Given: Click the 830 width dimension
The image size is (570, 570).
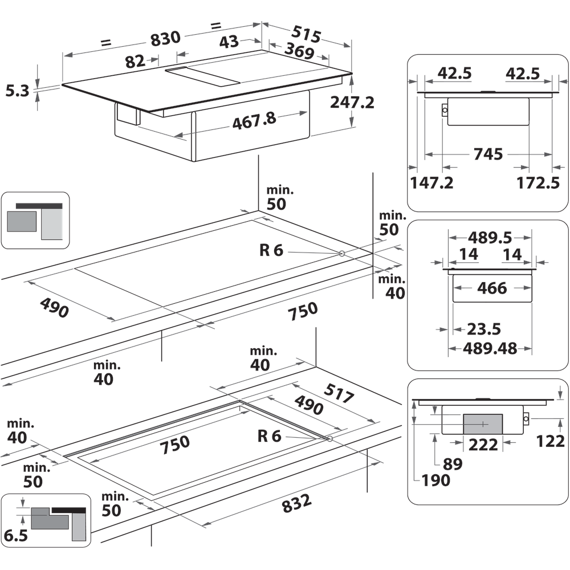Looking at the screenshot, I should click(165, 38).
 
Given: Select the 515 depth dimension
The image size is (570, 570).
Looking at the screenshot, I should click(306, 32).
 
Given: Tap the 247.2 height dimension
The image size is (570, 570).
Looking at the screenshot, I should click(352, 103).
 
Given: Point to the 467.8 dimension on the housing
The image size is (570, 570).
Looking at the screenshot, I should click(254, 121).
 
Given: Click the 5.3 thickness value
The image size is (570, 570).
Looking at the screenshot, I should click(17, 91).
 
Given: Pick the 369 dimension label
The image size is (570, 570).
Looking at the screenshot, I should click(299, 52).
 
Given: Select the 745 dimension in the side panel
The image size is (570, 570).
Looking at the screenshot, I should click(488, 154).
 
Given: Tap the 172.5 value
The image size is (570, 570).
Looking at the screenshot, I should click(539, 183).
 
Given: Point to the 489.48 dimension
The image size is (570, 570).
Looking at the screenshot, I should click(491, 348).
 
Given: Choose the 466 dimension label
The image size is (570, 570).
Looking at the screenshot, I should click(492, 288).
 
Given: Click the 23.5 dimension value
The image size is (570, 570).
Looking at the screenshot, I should click(484, 329).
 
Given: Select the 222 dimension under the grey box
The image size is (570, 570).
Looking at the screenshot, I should click(483, 444).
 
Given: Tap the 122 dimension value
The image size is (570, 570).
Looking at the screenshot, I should click(550, 441).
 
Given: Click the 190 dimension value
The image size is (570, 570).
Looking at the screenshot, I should click(436, 481).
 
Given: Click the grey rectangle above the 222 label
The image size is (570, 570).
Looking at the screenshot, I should click(482, 424).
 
